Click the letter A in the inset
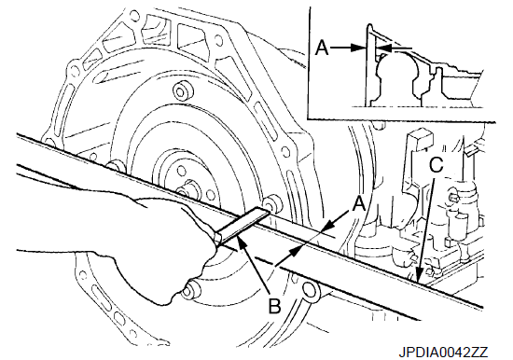[322, 48]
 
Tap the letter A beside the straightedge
[359, 204]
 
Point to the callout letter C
[437, 165]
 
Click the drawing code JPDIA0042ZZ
[443, 353]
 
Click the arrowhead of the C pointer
[420, 277]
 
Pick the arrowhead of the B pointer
[243, 242]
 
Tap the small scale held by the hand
[242, 226]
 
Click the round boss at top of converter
[181, 90]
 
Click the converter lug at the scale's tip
[272, 203]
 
